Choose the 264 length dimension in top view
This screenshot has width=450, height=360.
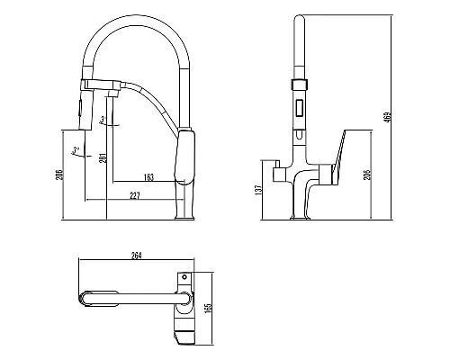138,255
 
